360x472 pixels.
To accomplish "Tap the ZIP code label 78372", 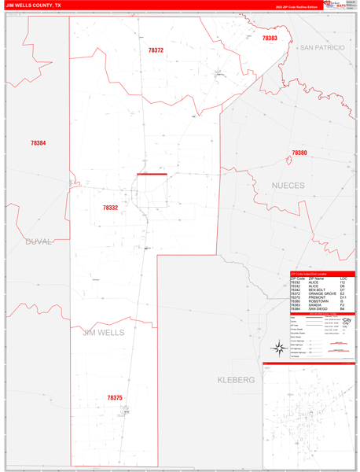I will pos(156,50).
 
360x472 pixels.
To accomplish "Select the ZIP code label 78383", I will pos(270,38).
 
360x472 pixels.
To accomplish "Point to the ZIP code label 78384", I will pos(38,143).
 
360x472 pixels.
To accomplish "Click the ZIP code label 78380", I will pos(299,153).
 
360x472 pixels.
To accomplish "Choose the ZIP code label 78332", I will pos(110,208).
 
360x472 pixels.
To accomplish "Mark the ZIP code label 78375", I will pos(115,397).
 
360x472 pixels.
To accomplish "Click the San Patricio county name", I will pos(321,48).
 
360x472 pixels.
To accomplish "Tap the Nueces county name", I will pos(288,186).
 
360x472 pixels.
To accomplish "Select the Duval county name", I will pos(37,242).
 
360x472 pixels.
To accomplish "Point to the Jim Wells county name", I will pos(103,333).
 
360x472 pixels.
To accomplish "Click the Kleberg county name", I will pos(236,380).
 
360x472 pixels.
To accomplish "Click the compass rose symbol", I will pos(278,348).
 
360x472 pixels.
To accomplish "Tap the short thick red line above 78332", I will pos(152,174).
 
